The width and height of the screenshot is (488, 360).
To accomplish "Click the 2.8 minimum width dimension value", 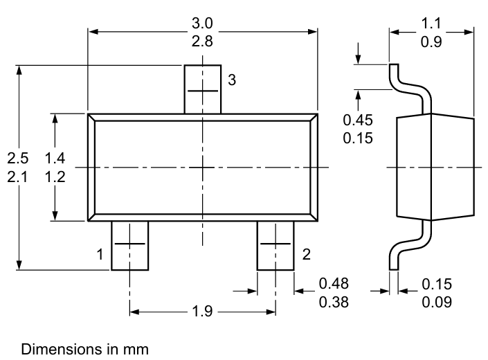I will click(x=202, y=41).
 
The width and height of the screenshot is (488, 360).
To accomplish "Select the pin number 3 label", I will click(x=233, y=80).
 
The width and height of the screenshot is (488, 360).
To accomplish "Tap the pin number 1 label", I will click(x=100, y=254).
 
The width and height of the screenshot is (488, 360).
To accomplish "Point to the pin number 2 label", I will click(x=306, y=254).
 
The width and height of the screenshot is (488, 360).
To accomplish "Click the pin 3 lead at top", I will click(x=202, y=89).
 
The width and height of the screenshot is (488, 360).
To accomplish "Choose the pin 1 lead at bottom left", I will click(x=129, y=246).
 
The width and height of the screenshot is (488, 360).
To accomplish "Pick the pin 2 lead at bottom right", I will click(x=275, y=246).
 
